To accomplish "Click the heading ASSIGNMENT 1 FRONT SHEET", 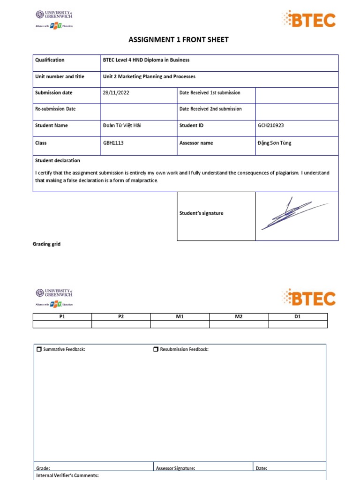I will click(x=179, y=40).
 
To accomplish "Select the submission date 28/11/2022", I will click(x=116, y=93).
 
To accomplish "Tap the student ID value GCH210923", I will click(x=271, y=126).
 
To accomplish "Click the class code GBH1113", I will click(x=113, y=143).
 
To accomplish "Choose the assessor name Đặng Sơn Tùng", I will click(x=274, y=143).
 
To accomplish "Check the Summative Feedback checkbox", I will click(x=39, y=349).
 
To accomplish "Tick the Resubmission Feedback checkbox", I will click(x=156, y=349).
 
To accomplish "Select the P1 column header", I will click(x=62, y=317).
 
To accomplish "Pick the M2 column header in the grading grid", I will click(x=239, y=317).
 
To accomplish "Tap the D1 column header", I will click(x=297, y=317).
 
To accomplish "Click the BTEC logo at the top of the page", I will click(x=308, y=20).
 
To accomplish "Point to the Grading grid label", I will click(x=46, y=244).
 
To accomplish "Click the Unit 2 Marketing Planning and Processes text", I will click(x=149, y=76).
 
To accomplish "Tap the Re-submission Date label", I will click(x=55, y=109).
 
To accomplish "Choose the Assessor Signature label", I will click(x=175, y=468).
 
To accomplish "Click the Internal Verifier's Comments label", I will click(x=67, y=476).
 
